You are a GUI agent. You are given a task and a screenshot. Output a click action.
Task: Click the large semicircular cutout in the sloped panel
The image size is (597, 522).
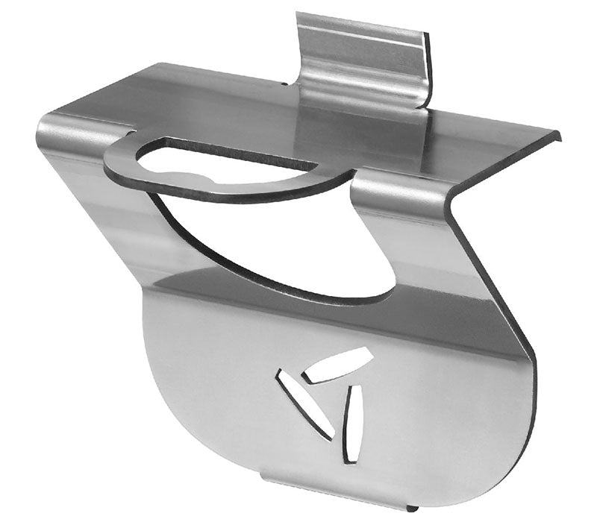click(x=284, y=246)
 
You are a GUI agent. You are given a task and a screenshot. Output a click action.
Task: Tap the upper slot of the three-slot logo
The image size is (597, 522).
click(x=340, y=365)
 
